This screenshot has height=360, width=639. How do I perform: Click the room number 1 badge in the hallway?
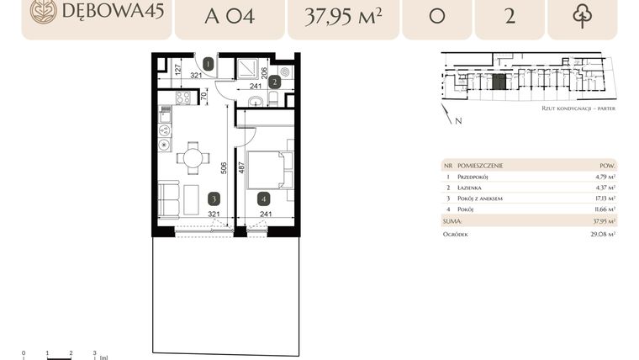point(208,63)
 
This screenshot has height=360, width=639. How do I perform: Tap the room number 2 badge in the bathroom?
point(274,82)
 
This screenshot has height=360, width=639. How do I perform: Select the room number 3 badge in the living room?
point(214,199)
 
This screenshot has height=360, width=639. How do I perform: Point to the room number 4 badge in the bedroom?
point(264,199)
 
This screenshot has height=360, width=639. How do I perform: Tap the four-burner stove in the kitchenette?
point(183,98)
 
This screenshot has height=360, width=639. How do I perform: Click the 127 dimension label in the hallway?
point(178,70)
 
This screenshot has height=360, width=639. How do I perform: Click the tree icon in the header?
point(582,16)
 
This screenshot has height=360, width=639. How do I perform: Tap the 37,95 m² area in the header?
point(341,16)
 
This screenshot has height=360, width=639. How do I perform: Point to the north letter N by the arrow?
point(457,121)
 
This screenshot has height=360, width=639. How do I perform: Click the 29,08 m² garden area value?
point(603,234)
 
